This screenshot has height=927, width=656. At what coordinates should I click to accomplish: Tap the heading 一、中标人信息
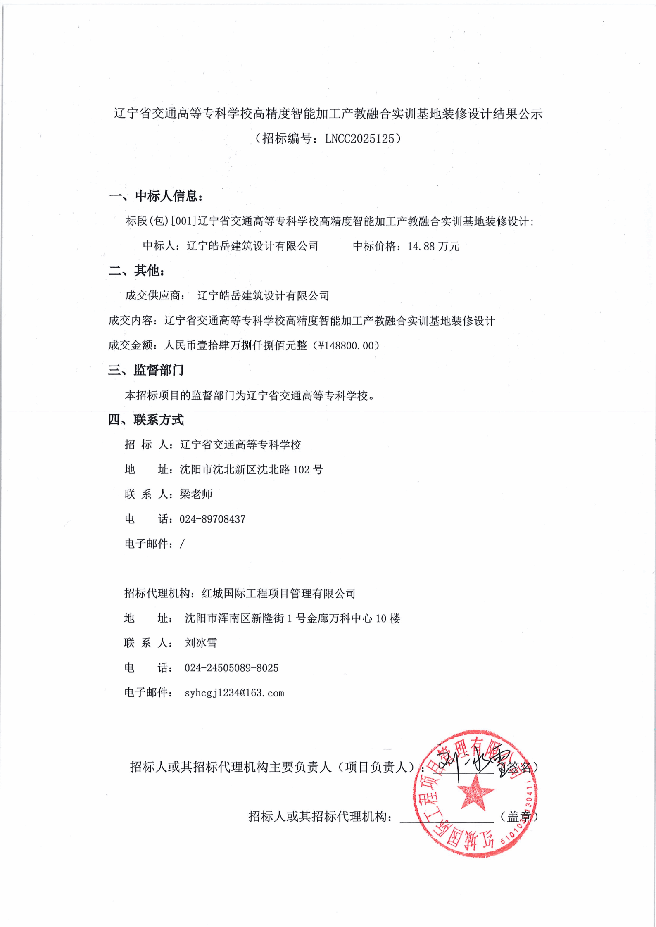(156, 196)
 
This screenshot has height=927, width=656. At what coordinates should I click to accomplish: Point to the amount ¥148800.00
(347, 346)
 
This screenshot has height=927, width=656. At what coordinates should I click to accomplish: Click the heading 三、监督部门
(146, 370)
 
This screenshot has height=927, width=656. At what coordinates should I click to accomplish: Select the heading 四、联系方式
(146, 420)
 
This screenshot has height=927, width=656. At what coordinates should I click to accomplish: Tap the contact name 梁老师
(196, 494)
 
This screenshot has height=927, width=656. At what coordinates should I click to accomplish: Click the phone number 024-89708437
(212, 519)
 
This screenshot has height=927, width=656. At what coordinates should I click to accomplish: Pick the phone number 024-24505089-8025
(231, 668)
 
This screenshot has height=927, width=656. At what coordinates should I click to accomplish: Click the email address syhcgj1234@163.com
(234, 693)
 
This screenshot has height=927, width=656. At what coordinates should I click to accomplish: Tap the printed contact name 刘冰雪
(201, 643)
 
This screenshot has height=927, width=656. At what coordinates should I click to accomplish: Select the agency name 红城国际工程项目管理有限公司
(278, 594)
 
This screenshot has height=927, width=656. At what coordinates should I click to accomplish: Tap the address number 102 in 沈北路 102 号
(301, 470)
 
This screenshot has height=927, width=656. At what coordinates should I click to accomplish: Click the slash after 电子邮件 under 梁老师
(182, 544)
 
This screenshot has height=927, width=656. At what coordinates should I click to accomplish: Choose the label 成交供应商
(153, 296)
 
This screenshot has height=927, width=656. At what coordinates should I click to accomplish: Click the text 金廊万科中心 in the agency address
(339, 618)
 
